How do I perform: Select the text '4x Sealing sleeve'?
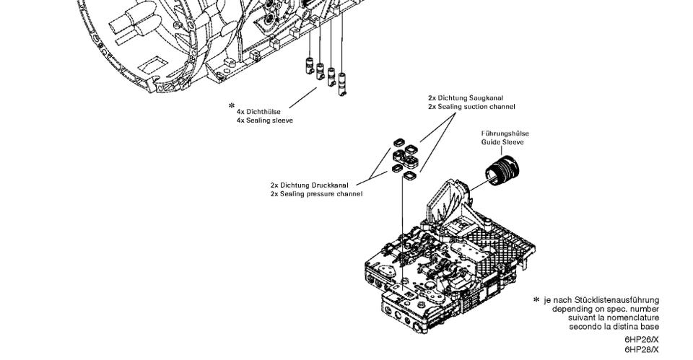pyautogui.click(x=265, y=120)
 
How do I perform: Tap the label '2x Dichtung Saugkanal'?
pyautogui.click(x=466, y=97)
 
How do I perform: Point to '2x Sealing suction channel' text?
pyautogui.click(x=471, y=107)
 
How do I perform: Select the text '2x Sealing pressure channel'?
pyautogui.click(x=316, y=194)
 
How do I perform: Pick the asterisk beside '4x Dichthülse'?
pyautogui.click(x=232, y=106)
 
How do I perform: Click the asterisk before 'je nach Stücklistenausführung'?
pyautogui.click(x=536, y=299)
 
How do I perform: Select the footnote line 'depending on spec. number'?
pyautogui.click(x=605, y=309)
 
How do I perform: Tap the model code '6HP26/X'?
pyautogui.click(x=642, y=340)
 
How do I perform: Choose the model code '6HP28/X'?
pyautogui.click(x=642, y=349)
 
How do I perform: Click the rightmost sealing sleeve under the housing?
pyautogui.click(x=341, y=84)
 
